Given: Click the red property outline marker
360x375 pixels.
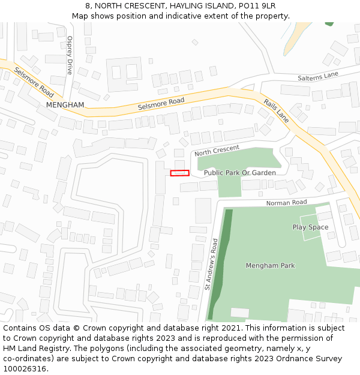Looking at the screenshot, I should pyautogui.click(x=179, y=173).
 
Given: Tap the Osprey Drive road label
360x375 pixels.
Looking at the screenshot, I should pyautogui.click(x=70, y=55).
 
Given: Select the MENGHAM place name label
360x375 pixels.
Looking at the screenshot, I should pyautogui.click(x=65, y=104).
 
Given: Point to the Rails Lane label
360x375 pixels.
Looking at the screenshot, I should pyautogui.click(x=277, y=111).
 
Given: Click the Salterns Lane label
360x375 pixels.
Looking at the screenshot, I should pyautogui.click(x=318, y=77).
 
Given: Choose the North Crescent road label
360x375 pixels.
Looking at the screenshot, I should pyautogui.click(x=217, y=150).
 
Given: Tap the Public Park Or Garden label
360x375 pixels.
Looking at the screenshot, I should pyautogui.click(x=240, y=173).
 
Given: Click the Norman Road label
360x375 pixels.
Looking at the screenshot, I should pyautogui.click(x=287, y=203).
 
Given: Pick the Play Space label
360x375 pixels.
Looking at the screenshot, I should pyautogui.click(x=310, y=227).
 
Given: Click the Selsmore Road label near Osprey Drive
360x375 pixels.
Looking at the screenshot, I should pyautogui.click(x=34, y=82).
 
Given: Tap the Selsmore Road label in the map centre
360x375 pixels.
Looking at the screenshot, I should pyautogui.click(x=161, y=104).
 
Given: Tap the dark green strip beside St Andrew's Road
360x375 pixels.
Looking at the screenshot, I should pyautogui.click(x=220, y=264).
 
